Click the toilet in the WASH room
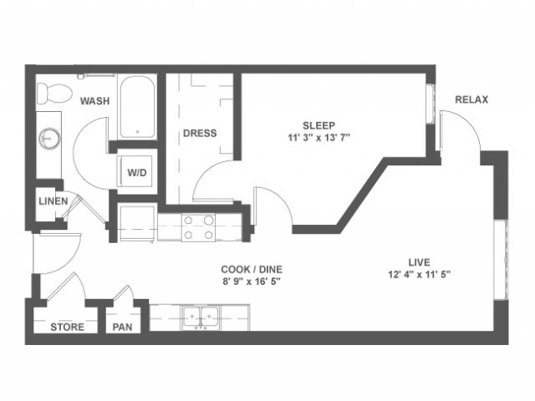click(x=53, y=93)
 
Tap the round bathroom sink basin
click(x=50, y=139)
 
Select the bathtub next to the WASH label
click(x=137, y=107)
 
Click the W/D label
click(x=137, y=173)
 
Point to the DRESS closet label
click(x=200, y=133)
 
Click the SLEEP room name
click(x=319, y=125)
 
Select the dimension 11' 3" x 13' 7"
click(x=319, y=138)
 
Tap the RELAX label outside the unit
click(x=471, y=99)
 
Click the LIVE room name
click(x=420, y=262)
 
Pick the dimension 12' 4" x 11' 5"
click(x=420, y=275)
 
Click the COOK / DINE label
click(x=252, y=269)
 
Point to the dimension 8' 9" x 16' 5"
click(x=252, y=282)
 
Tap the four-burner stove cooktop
click(x=198, y=228)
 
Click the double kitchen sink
click(x=201, y=317)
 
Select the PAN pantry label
click(x=123, y=327)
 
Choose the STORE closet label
click(x=67, y=327)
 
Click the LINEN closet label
click(x=53, y=201)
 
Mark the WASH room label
click(x=94, y=101)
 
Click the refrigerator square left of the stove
click(x=137, y=222)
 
